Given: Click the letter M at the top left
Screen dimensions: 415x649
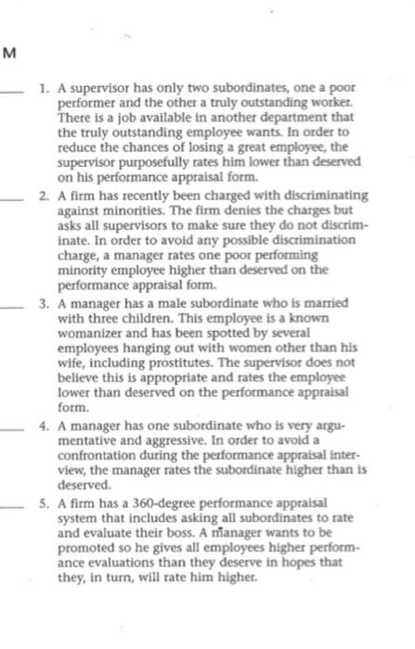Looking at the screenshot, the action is (x=9, y=53).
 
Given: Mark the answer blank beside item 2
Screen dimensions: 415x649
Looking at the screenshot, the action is (x=14, y=197).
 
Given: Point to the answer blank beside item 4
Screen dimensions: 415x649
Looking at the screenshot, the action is (x=14, y=430).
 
